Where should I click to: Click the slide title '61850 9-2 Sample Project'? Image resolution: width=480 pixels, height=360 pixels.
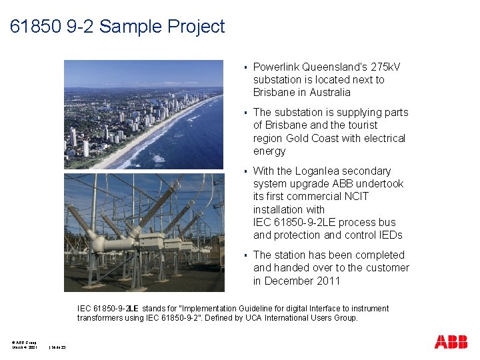[118, 27]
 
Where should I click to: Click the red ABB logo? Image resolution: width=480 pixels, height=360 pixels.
[451, 342]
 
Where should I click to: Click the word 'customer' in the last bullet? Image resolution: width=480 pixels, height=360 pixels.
[387, 267]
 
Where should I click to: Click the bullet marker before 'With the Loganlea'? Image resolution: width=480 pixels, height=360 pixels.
[245, 171]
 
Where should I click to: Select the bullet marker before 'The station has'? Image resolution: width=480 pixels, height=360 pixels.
[245, 255]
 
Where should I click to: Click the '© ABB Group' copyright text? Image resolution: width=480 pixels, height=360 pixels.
[23, 342]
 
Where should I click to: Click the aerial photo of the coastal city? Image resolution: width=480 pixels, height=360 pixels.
[143, 114]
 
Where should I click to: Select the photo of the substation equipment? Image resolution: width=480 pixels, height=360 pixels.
[143, 232]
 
